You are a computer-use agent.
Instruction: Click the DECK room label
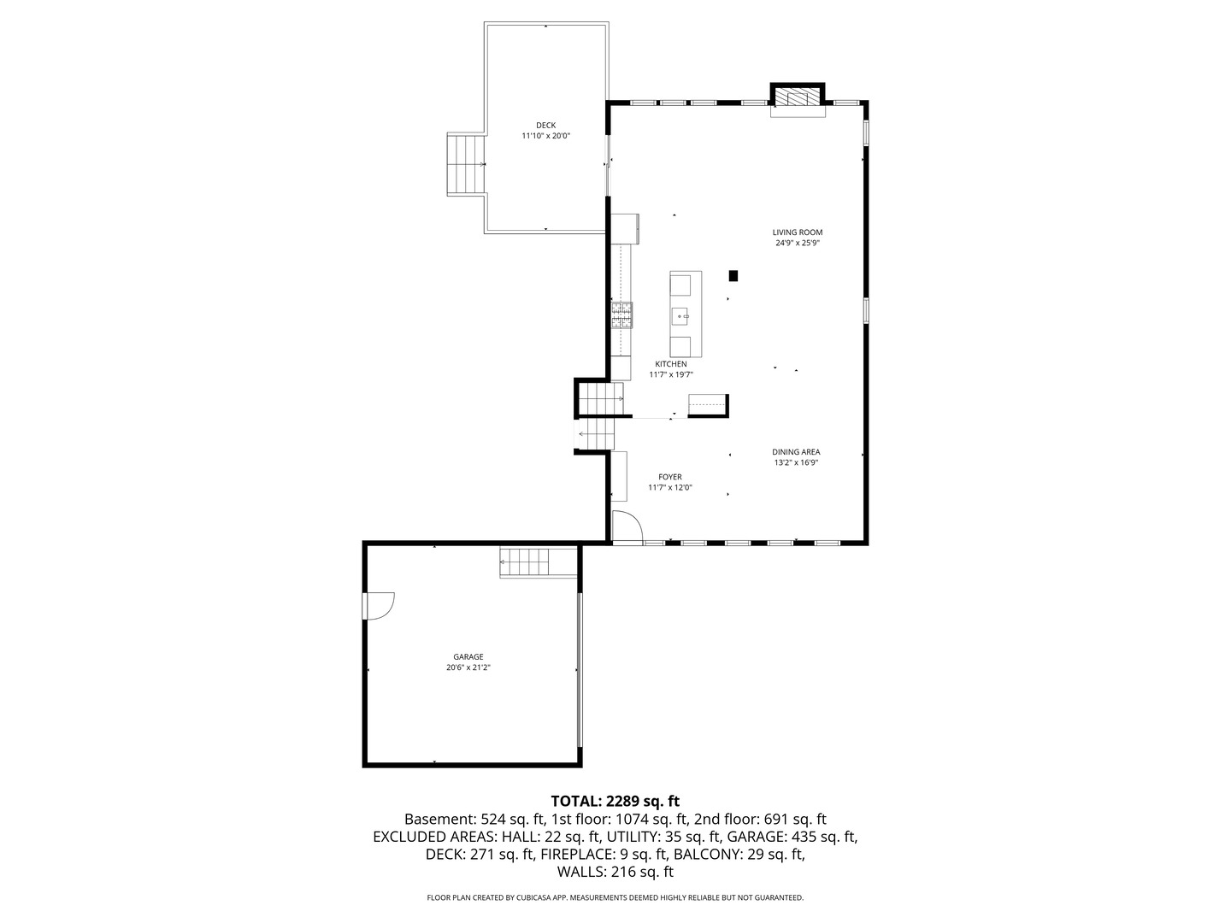click(545, 126)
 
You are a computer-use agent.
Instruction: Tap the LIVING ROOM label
click(797, 232)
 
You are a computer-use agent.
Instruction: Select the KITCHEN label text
click(670, 364)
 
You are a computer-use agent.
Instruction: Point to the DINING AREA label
click(796, 452)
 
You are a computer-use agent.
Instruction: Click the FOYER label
click(669, 477)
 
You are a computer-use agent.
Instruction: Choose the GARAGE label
click(468, 657)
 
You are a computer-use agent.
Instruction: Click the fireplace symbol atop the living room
click(798, 97)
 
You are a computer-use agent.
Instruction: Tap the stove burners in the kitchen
click(621, 315)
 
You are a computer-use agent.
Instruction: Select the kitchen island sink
click(682, 316)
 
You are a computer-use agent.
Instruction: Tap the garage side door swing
click(378, 606)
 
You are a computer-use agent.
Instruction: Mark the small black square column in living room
click(733, 275)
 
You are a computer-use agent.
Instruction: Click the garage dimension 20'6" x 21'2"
click(468, 668)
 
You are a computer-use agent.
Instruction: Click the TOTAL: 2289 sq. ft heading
click(615, 801)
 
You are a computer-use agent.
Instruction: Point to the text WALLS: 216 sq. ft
click(615, 872)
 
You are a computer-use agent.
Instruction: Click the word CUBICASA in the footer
click(530, 897)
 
